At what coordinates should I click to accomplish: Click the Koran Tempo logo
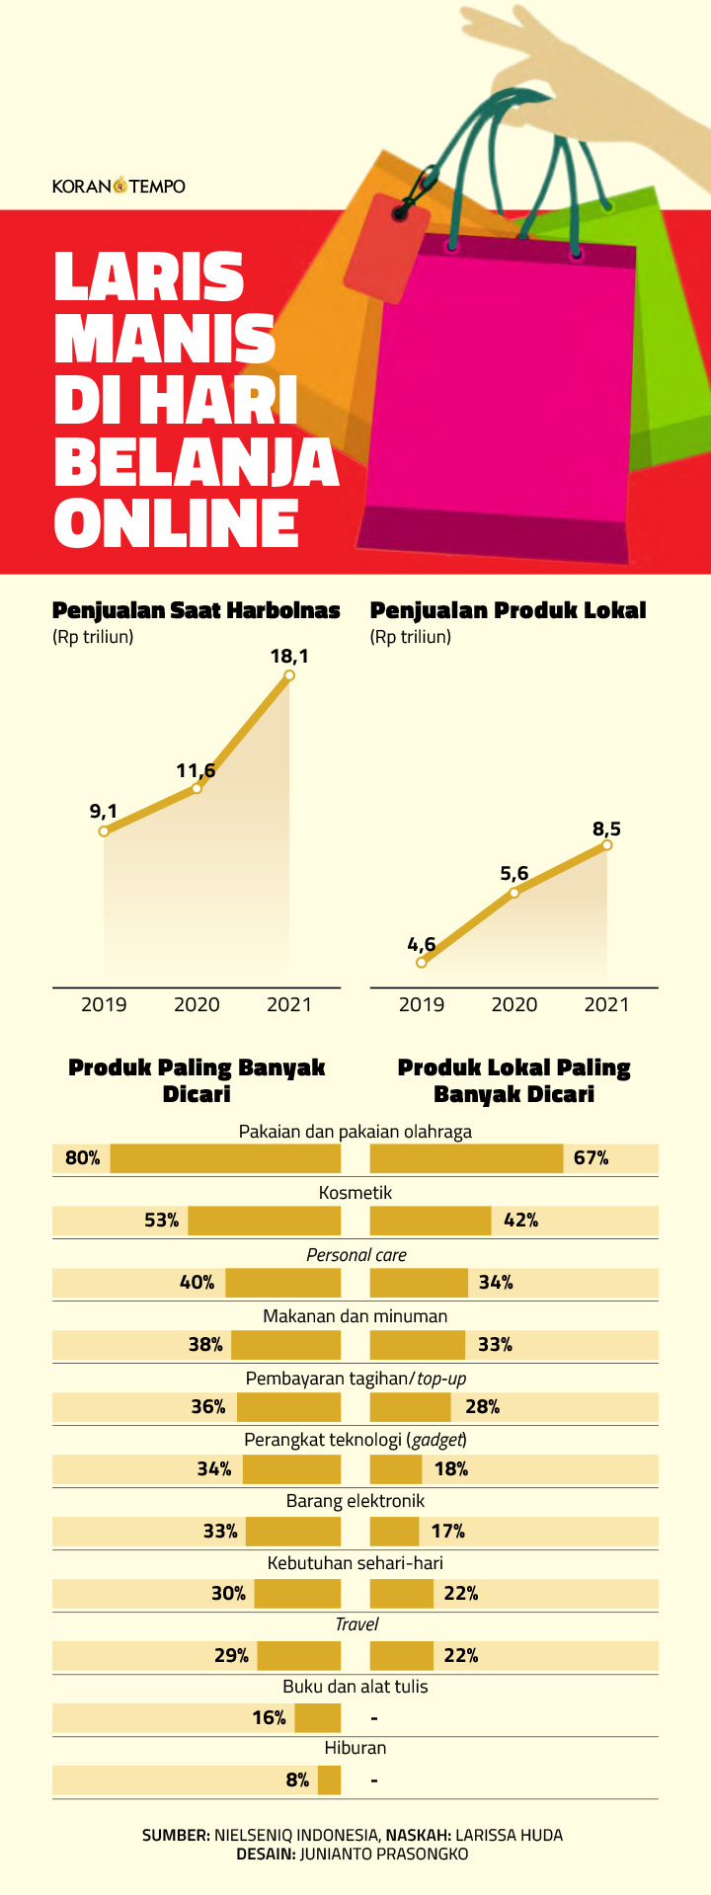[118, 186]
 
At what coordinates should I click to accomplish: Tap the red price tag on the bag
[386, 248]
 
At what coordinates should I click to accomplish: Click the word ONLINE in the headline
[177, 524]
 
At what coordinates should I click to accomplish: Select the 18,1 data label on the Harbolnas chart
[289, 656]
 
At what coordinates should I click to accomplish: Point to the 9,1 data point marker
[104, 831]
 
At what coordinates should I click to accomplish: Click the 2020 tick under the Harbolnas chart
[197, 1004]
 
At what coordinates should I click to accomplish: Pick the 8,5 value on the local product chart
[606, 829]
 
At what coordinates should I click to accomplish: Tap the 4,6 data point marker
[422, 962]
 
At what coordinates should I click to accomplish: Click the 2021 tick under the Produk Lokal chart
[606, 1004]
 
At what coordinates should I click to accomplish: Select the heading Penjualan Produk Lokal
[508, 610]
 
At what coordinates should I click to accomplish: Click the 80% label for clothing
[83, 1157]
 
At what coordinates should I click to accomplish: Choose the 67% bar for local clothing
[466, 1158]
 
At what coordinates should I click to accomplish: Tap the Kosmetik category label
[355, 1193]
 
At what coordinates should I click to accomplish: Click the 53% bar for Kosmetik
[264, 1221]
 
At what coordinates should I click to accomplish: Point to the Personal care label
[355, 1255]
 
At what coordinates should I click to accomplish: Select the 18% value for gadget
[451, 1468]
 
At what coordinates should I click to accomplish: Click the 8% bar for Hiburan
[329, 1779]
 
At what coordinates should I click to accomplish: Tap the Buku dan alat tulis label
[355, 1687]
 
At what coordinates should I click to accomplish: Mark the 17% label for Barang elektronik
[448, 1531]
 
